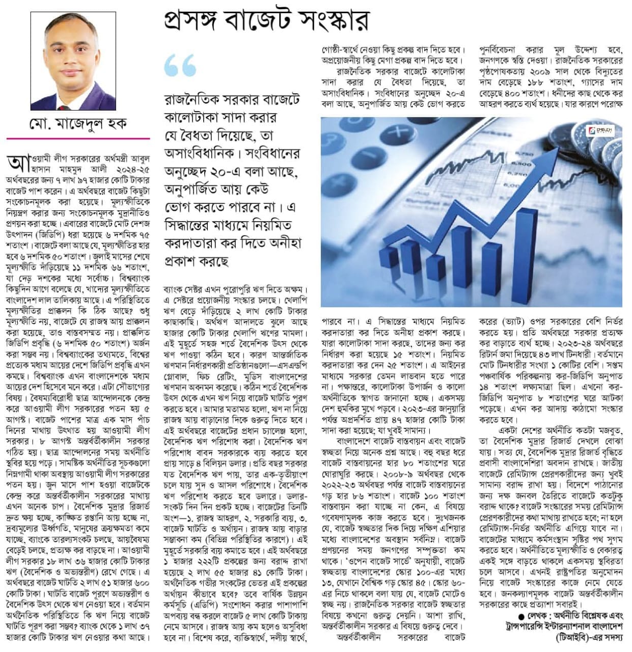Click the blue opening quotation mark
(x=180, y=66)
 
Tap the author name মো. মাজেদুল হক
(x=78, y=124)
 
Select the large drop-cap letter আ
(x=16, y=163)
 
